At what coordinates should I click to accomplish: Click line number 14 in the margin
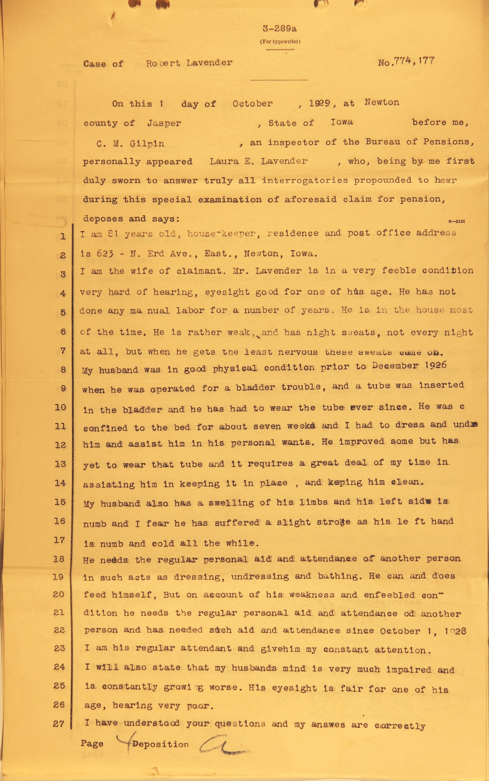pyautogui.click(x=60, y=483)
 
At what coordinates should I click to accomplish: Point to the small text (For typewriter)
pyautogui.click(x=280, y=41)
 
